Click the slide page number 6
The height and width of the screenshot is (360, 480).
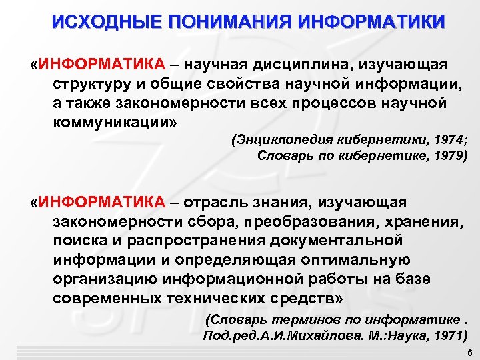tap(469, 352)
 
